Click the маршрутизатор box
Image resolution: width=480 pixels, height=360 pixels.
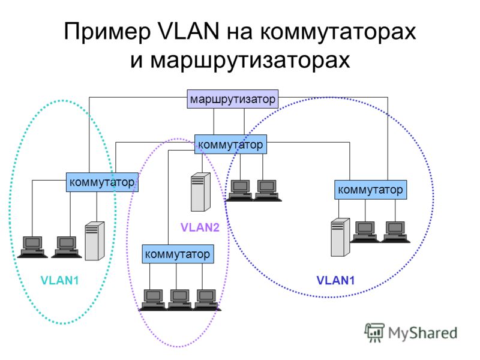233,99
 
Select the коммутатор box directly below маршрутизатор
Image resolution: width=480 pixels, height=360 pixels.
230,144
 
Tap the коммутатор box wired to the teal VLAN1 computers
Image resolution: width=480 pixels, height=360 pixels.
102,182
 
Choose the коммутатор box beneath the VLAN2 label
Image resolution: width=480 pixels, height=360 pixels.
178,254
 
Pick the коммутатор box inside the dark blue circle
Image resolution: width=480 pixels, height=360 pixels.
370,190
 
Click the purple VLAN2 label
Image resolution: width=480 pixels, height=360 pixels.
200,227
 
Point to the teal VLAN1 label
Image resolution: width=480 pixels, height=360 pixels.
59,280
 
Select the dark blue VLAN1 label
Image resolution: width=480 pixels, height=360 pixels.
335,280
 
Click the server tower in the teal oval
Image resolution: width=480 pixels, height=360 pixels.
94,241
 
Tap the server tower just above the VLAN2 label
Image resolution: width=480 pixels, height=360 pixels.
200,192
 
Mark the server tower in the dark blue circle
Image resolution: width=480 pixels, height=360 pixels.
340,237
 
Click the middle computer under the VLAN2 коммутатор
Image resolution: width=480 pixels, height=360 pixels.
179,299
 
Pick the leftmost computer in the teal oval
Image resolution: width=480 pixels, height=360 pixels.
32,247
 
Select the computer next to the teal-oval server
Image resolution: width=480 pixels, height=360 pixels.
67,247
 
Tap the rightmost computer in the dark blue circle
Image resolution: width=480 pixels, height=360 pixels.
395,232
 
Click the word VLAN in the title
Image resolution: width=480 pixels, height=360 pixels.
188,31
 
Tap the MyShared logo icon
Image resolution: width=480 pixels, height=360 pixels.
374,332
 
